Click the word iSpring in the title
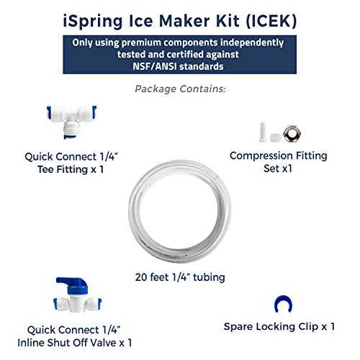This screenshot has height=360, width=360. tap(93, 22)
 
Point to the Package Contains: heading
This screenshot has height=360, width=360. tap(180, 89)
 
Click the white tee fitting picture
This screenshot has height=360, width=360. tap(71, 121)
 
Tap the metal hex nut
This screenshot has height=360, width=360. tap(292, 134)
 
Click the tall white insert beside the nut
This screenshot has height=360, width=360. tap(263, 132)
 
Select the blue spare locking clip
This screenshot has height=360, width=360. tap(283, 303)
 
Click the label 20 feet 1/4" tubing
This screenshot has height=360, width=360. tap(180, 277)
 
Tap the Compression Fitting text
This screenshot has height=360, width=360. tap(279, 156)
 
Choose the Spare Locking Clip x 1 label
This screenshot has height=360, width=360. tap(279, 327)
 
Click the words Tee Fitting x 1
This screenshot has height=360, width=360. tap(71, 169)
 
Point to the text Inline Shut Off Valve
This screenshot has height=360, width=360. tap(67, 343)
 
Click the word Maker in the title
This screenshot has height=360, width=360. tap(184, 21)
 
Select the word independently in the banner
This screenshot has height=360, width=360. tap(252, 42)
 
